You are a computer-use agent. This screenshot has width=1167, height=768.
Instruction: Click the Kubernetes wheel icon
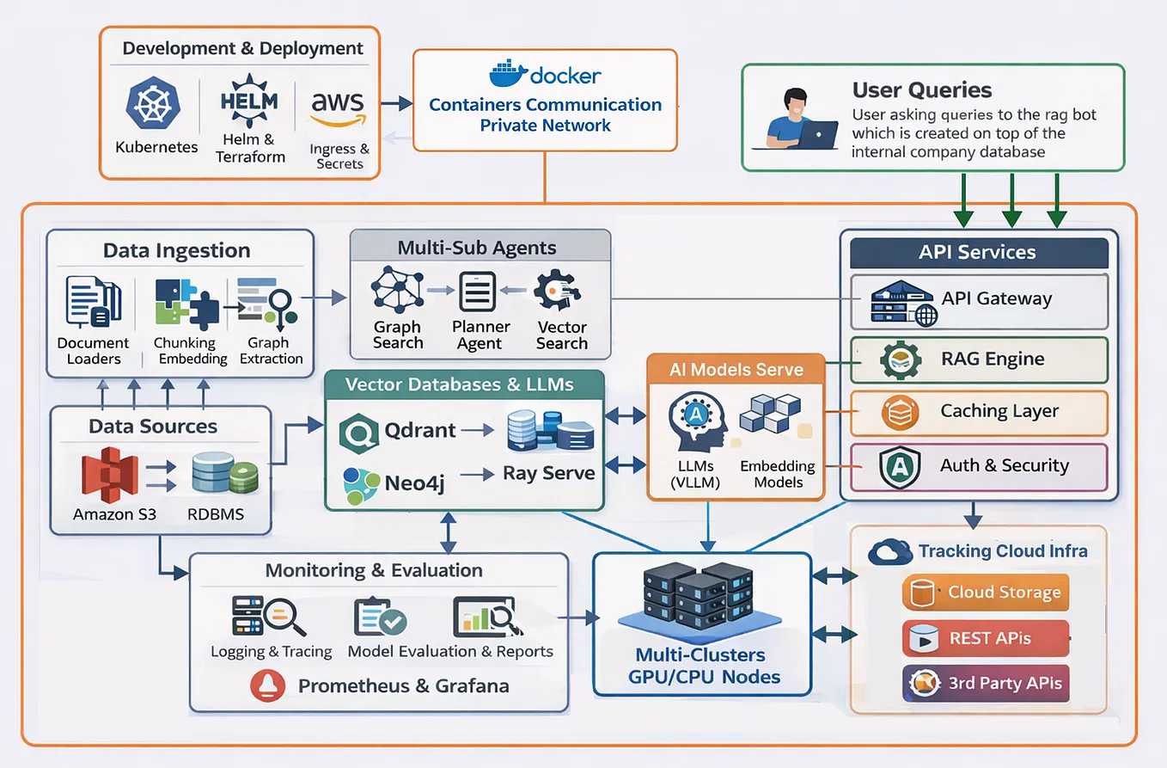[x=155, y=103]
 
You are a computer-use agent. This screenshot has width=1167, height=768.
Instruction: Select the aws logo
[x=338, y=109]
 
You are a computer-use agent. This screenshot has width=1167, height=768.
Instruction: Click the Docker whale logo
[x=509, y=73]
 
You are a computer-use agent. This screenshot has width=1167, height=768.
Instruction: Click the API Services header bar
[x=979, y=253]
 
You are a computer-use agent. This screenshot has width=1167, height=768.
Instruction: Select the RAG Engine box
[x=979, y=360]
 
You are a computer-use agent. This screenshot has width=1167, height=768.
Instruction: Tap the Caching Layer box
[x=979, y=413]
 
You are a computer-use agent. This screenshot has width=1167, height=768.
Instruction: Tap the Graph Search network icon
[x=397, y=290]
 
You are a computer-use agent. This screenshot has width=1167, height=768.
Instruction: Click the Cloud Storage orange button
[x=986, y=593]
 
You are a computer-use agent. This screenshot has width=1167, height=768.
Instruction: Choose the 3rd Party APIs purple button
[x=986, y=685]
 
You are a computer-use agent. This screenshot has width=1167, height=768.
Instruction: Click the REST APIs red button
[x=986, y=639]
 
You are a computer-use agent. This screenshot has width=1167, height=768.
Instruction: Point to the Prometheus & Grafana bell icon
[x=267, y=686]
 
